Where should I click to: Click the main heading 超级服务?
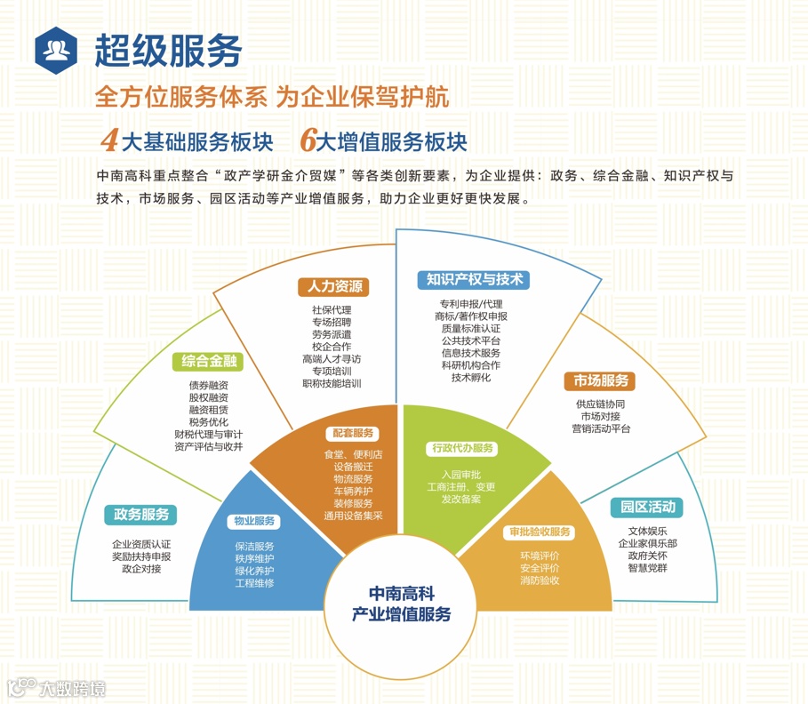pos(169,50)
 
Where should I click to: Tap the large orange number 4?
pos(110,140)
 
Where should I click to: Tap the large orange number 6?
pos(308,140)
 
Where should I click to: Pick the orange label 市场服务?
pos(599,381)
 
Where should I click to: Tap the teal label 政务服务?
pos(140,515)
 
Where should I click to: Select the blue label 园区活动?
pos(646,508)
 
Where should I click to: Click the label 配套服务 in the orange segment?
pos(353,434)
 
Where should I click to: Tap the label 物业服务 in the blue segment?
pos(254,521)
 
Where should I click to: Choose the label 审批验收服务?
pos(540,532)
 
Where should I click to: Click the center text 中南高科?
pos(401,594)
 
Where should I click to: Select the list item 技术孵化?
pos(470,377)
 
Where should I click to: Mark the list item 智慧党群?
pos(646,568)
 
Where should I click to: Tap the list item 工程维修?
pos(254,582)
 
